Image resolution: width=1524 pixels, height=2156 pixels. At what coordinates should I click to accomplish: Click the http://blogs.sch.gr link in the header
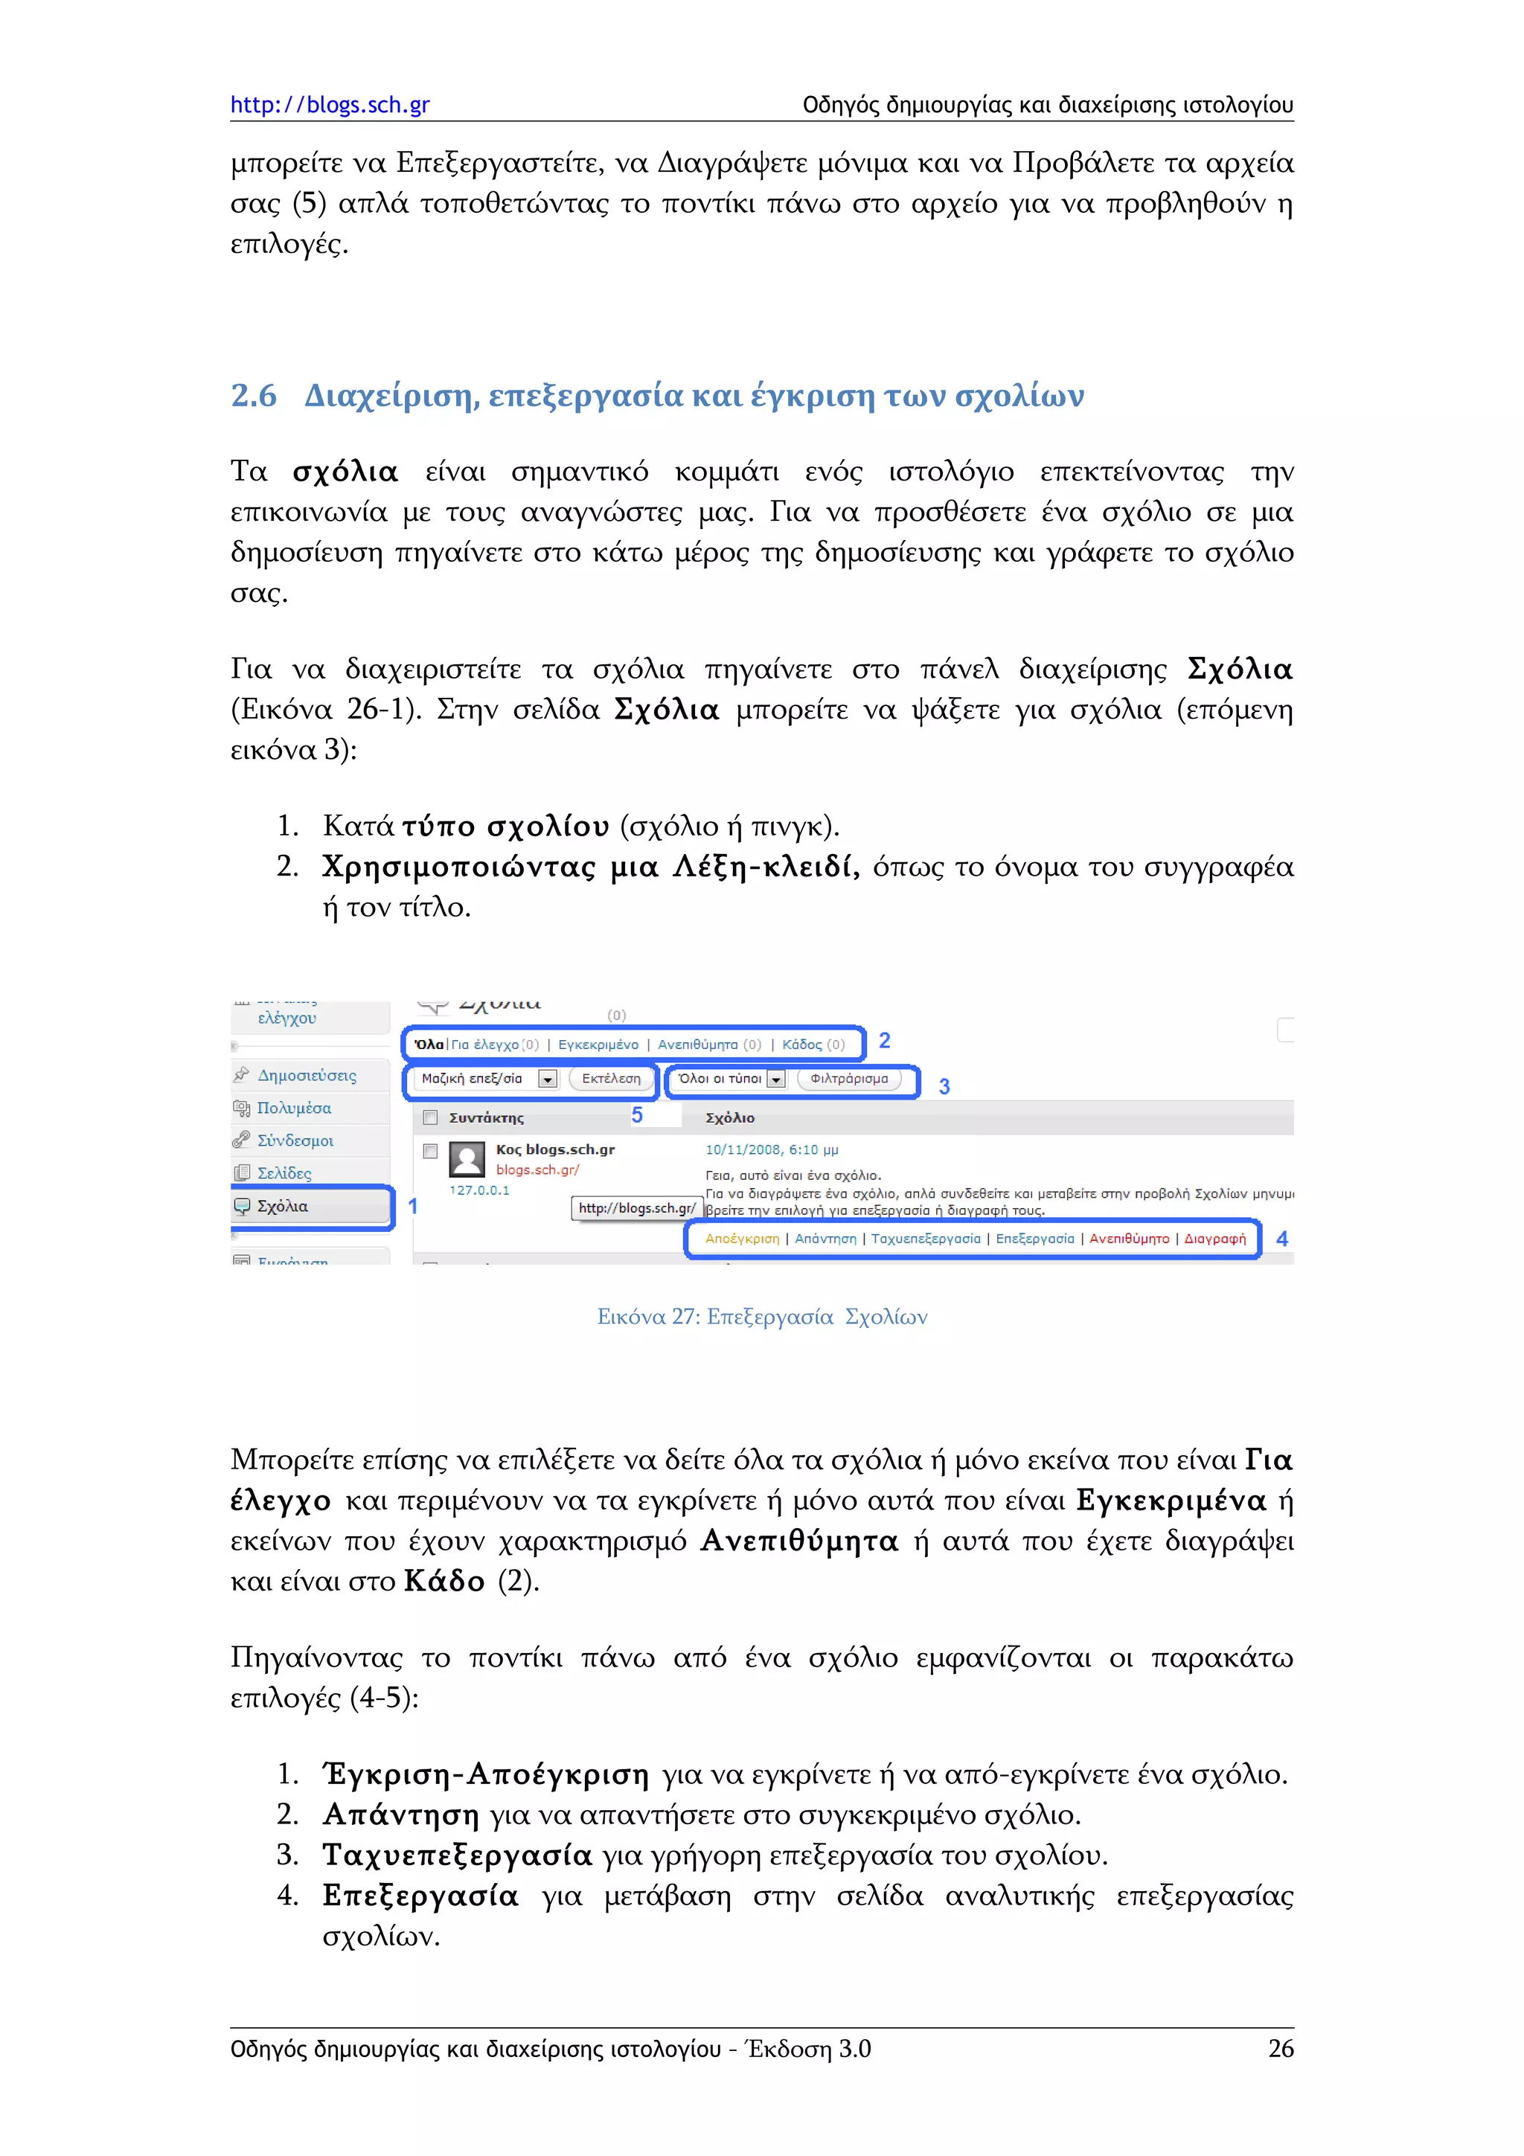(x=330, y=104)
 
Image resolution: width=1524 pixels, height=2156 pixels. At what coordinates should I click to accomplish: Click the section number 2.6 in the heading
(x=254, y=395)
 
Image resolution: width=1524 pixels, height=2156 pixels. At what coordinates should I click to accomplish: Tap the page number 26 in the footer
(x=1280, y=2048)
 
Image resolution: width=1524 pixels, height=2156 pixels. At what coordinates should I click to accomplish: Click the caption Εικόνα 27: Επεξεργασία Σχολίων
(x=761, y=1317)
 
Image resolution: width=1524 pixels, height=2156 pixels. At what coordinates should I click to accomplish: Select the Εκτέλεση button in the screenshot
(x=610, y=1079)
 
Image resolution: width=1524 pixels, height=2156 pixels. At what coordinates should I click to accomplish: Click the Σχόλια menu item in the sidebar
(x=283, y=1206)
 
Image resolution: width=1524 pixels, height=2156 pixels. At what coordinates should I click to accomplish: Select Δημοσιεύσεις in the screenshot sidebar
(x=307, y=1075)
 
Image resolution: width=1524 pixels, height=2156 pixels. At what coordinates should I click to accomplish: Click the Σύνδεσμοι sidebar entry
(x=295, y=1141)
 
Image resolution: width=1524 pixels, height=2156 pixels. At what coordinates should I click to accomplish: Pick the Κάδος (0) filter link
(x=813, y=1045)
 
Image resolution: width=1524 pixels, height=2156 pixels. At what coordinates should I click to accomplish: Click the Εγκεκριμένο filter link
(x=598, y=1045)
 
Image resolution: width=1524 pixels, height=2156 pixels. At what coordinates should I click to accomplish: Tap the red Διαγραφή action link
(x=1215, y=1239)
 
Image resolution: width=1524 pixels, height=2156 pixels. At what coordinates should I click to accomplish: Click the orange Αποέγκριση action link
(x=742, y=1239)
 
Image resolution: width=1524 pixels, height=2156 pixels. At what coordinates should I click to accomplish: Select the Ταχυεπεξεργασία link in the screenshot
(x=925, y=1239)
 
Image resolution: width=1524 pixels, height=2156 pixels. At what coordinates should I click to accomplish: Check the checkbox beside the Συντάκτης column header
(x=431, y=1117)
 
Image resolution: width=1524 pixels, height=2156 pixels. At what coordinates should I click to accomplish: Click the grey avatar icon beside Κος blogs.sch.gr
(x=467, y=1160)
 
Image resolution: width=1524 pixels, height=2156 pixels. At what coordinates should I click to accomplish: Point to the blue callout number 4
(x=1281, y=1239)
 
